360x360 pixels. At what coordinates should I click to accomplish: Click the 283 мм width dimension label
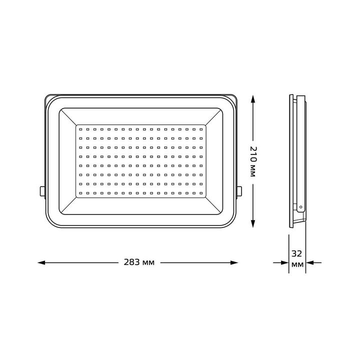[x=138, y=262]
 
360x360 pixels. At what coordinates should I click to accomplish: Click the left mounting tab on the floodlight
[x=41, y=191]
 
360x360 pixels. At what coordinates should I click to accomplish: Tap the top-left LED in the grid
[x=80, y=129]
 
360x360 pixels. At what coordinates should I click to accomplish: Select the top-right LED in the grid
[x=201, y=129]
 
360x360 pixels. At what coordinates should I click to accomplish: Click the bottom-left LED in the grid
[x=80, y=192]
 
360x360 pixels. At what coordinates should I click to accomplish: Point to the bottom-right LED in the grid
[x=201, y=192]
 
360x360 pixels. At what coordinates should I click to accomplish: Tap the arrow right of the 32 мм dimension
[x=315, y=262]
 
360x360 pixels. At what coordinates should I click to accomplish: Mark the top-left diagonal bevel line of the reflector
[x=68, y=117]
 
